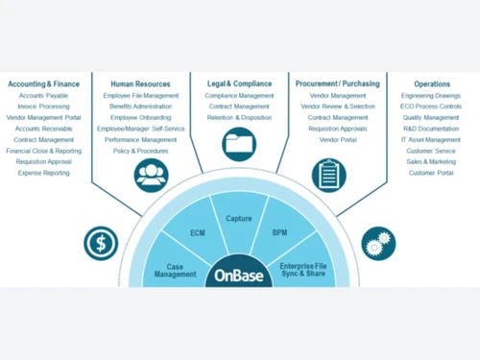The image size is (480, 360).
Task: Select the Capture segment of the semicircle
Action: click(x=239, y=219)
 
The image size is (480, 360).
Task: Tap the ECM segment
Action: click(x=198, y=232)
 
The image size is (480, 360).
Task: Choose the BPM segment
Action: click(x=279, y=232)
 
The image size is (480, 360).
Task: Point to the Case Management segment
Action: click(x=175, y=271)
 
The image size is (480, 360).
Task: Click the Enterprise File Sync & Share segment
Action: click(x=303, y=270)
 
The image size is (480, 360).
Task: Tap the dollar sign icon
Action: click(x=100, y=242)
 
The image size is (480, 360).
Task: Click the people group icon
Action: click(x=151, y=175)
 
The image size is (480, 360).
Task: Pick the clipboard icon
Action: click(x=328, y=175)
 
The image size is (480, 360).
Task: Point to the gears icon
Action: click(x=377, y=242)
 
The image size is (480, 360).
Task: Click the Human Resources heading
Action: click(x=140, y=84)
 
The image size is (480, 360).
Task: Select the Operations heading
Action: click(x=432, y=84)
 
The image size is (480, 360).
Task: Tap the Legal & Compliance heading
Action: click(x=239, y=84)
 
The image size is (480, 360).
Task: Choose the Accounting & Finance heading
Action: click(x=43, y=84)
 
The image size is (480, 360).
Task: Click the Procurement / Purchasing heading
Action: click(x=337, y=84)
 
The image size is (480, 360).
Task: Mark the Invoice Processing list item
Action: click(x=43, y=107)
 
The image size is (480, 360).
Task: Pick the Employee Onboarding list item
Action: click(x=140, y=117)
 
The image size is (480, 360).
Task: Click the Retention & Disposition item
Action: click(x=239, y=117)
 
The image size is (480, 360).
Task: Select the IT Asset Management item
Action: click(x=432, y=140)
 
